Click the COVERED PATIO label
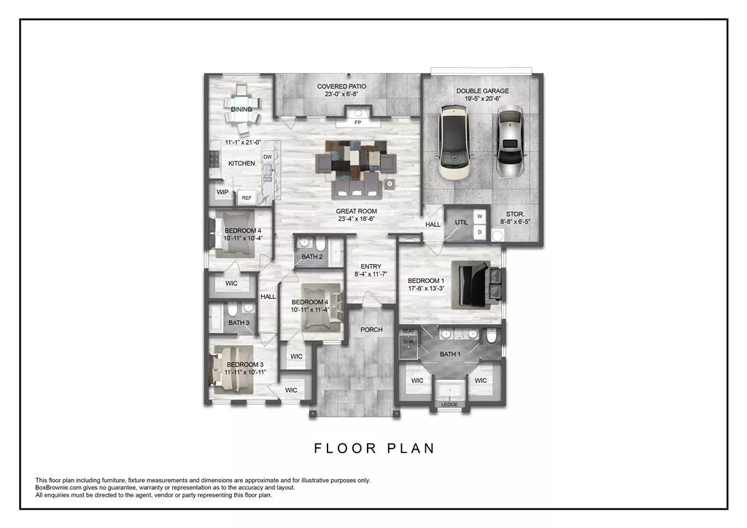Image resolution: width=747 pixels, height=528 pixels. tap(341, 87)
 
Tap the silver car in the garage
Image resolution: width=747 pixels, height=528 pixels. tap(509, 143)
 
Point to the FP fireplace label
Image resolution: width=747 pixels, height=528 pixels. tap(357, 123)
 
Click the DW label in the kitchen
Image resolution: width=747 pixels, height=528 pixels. tap(267, 157)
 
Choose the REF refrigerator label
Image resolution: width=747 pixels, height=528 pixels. tap(247, 198)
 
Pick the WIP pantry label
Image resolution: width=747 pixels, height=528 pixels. tap(222, 193)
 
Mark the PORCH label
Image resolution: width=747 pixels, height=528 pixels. tap(371, 330)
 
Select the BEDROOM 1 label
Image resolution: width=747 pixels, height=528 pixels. tap(425, 281)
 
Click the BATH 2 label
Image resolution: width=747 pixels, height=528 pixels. tap(311, 257)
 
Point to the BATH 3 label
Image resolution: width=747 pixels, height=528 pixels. tap(239, 322)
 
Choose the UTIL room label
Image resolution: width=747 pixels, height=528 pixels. tap(460, 223)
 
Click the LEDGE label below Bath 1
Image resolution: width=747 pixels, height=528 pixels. tap(450, 405)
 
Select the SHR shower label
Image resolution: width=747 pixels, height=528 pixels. tap(408, 341)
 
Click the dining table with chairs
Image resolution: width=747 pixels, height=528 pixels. tap(241, 109)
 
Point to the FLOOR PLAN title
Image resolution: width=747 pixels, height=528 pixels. tap(374, 449)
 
